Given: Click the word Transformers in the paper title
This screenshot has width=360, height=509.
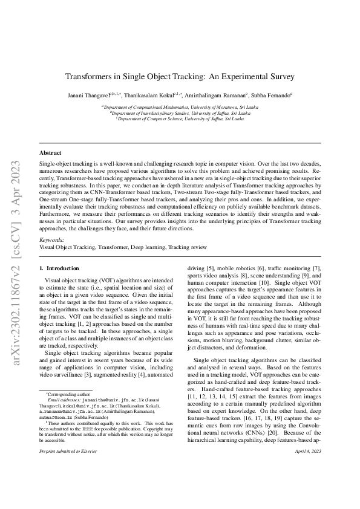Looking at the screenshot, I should [x=91, y=77].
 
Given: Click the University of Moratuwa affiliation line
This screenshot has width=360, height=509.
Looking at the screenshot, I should [x=180, y=106].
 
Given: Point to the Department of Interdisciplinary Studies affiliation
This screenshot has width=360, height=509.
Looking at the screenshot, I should [x=180, y=112].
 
